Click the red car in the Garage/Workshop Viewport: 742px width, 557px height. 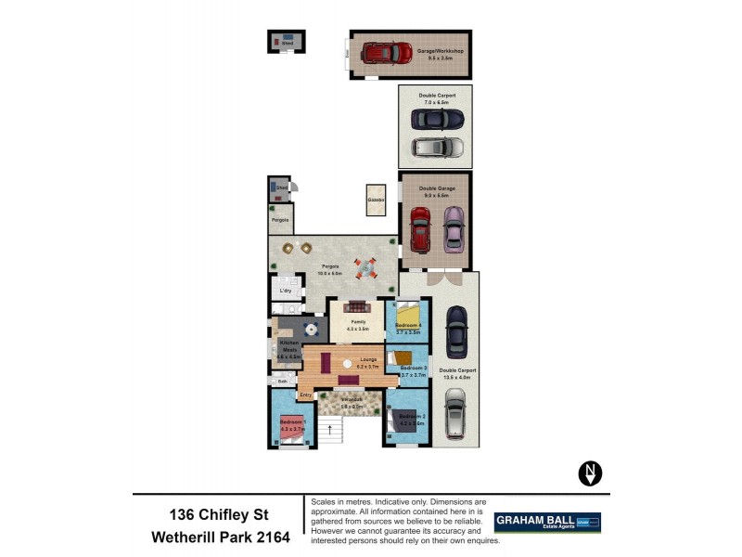(x=388, y=53)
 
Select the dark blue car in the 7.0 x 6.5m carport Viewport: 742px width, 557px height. (x=435, y=121)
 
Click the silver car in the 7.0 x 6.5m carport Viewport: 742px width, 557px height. (x=438, y=147)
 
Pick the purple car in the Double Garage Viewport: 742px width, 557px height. (x=453, y=228)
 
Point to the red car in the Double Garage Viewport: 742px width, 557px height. (x=420, y=228)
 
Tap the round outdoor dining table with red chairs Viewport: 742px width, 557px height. (x=366, y=268)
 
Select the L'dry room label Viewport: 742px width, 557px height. (x=286, y=291)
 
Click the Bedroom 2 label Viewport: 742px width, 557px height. (x=412, y=417)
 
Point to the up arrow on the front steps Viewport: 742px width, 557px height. (x=330, y=430)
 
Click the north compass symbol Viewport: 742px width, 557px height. (x=590, y=473)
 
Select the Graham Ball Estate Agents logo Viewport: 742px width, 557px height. (x=547, y=522)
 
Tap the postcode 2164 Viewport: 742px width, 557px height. (x=269, y=537)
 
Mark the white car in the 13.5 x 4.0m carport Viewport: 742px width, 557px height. (x=454, y=413)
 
